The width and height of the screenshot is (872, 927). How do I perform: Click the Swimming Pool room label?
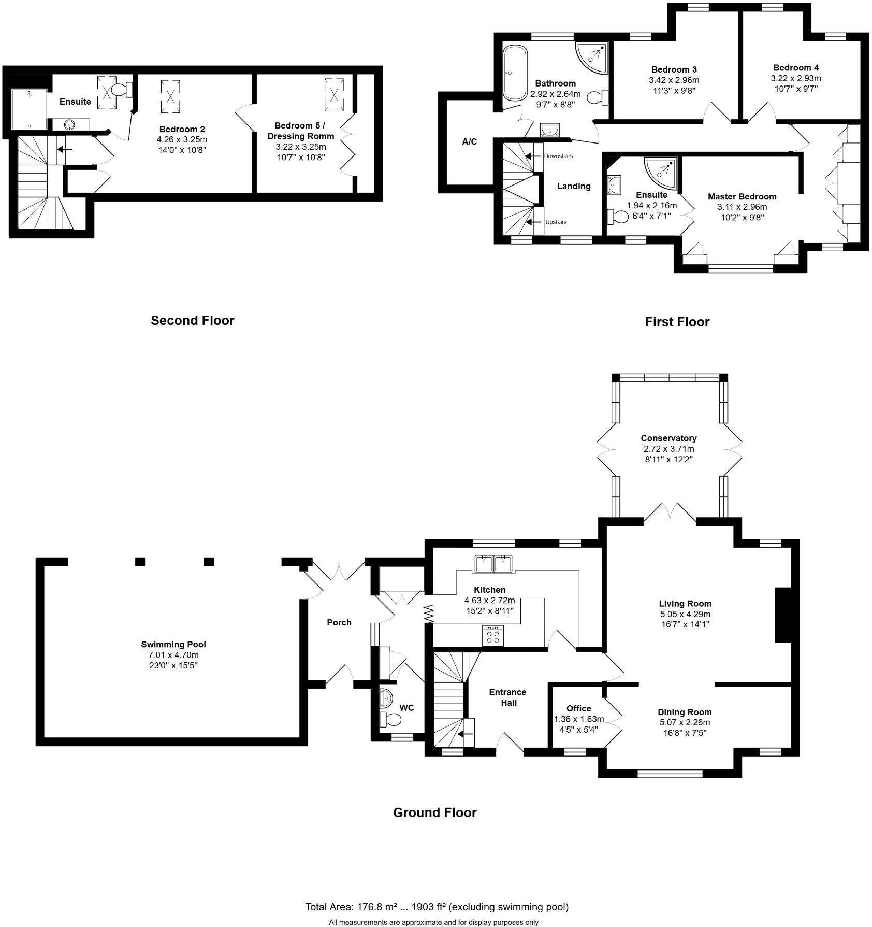click(x=173, y=644)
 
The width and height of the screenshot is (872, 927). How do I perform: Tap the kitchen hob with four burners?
click(x=492, y=636)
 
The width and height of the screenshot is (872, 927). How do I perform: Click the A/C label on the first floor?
click(x=469, y=141)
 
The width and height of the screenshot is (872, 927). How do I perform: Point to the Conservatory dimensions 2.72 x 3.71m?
click(x=668, y=449)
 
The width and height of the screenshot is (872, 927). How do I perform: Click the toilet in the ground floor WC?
click(x=390, y=719)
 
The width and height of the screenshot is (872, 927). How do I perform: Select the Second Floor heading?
click(x=192, y=320)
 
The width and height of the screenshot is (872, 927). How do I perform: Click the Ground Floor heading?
click(x=434, y=812)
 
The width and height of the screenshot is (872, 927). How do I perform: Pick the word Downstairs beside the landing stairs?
click(x=558, y=156)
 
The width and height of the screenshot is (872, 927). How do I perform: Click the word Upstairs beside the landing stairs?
click(x=556, y=222)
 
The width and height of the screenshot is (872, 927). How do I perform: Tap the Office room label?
click(x=578, y=708)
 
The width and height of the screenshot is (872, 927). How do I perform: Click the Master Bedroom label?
click(x=742, y=196)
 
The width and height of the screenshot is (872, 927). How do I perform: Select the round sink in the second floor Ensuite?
click(x=69, y=124)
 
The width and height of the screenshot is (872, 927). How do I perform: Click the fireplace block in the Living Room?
click(x=782, y=615)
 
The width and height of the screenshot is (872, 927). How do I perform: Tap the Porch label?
click(x=339, y=622)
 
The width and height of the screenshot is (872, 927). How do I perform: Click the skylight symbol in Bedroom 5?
click(x=334, y=95)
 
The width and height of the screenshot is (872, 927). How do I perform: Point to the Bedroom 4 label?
click(x=795, y=67)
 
